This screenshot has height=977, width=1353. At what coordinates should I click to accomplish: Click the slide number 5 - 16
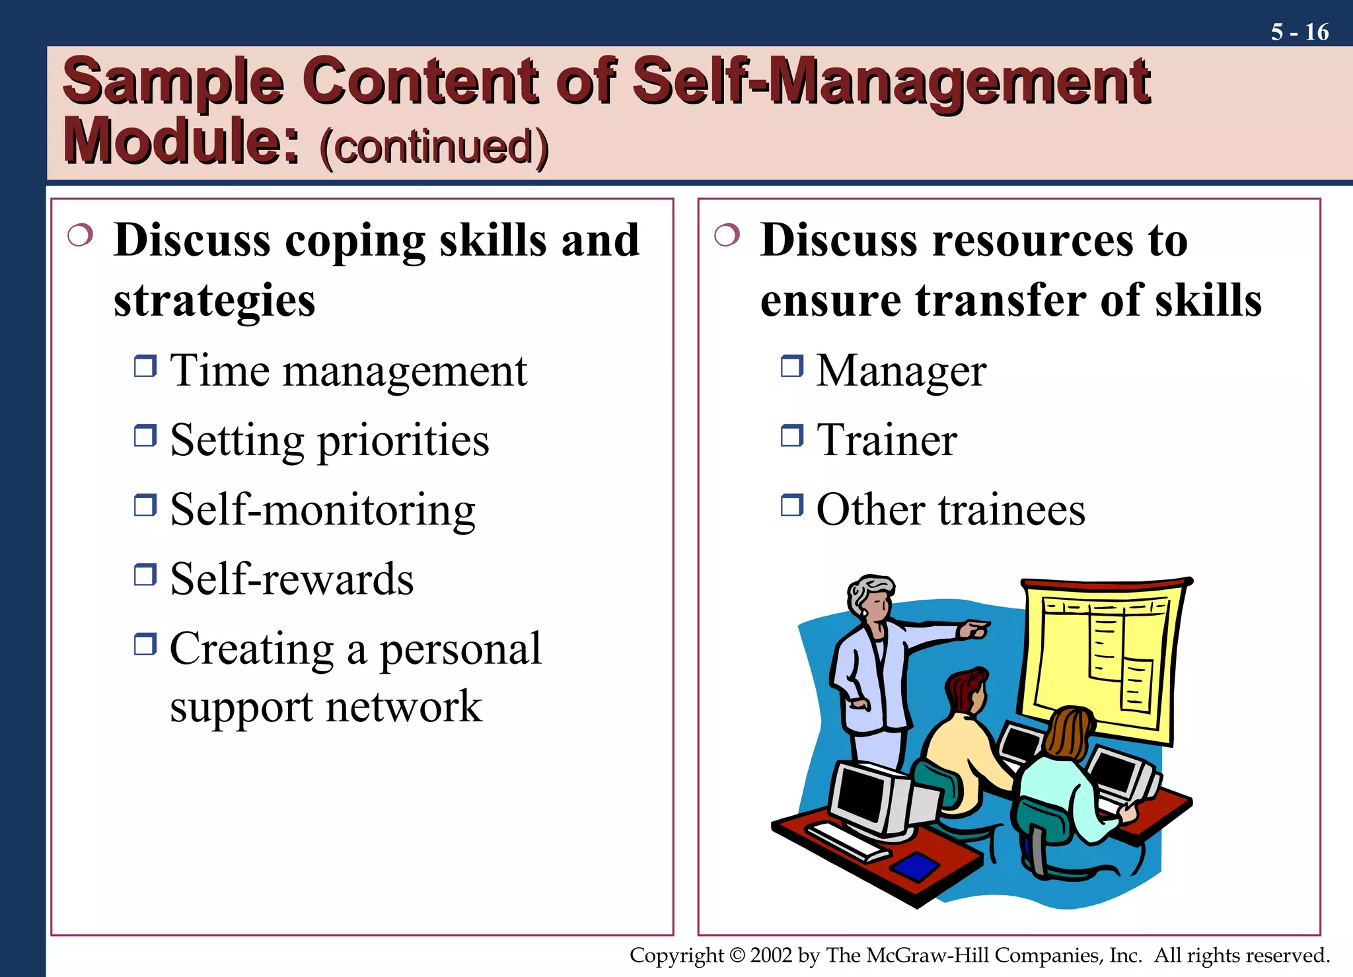point(1299,32)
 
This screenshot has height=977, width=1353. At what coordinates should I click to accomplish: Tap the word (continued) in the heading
point(434,147)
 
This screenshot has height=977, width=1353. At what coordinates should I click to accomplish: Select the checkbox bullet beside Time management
point(145,365)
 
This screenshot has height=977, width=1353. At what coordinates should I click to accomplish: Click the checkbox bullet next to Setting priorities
point(145,435)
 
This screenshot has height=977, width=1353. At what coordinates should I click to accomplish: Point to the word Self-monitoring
point(322,510)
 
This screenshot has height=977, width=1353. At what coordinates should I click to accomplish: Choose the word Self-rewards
point(291,579)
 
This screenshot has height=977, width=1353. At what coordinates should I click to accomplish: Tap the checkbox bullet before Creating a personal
point(145,643)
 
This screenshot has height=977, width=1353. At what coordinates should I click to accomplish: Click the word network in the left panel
point(404,707)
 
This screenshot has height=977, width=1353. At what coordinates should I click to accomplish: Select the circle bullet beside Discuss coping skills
point(80,235)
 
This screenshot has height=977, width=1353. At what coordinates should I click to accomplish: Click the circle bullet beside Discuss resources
point(727,235)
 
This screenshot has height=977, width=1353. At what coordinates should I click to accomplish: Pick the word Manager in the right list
point(901,371)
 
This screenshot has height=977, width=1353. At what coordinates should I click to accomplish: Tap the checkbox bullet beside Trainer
point(791,435)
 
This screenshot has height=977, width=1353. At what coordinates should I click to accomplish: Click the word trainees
point(1011,510)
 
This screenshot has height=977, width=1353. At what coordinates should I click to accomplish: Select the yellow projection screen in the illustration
point(1100,657)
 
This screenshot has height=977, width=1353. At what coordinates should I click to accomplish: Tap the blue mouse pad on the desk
point(915,865)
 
